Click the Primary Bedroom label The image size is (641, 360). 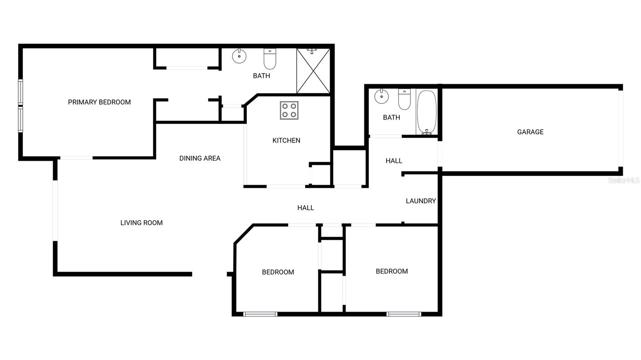click(99, 102)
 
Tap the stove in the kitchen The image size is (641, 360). click(289, 111)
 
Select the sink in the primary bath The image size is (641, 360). click(239, 56)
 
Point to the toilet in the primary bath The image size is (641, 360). click(270, 59)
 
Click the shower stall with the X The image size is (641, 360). click(313, 71)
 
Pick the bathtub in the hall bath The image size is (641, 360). click(427, 113)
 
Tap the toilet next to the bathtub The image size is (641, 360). click(404, 99)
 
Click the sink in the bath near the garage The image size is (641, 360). click(381, 96)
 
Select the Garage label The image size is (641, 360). click(530, 132)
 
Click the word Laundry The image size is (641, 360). click(421, 201)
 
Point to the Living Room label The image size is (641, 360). click(141, 223)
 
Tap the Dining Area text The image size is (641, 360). click(200, 159)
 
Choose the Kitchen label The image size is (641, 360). click(286, 141)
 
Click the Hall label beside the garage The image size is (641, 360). click(394, 161)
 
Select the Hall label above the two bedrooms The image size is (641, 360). click(305, 208)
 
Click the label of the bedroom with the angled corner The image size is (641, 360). click(278, 272)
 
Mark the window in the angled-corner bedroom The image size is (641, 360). click(260, 314)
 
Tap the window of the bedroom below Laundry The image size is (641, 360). click(404, 314)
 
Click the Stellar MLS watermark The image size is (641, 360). click(623, 180)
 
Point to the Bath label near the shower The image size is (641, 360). click(261, 76)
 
